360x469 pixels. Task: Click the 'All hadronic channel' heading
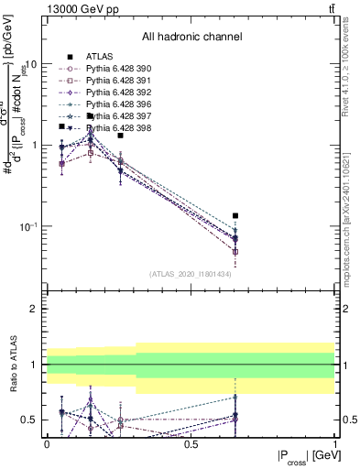tap(191, 38)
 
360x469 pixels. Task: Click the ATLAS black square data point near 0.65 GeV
tap(235, 216)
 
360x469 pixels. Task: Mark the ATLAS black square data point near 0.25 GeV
tap(120, 136)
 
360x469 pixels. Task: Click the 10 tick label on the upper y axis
tap(31, 65)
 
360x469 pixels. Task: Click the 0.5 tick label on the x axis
tap(191, 443)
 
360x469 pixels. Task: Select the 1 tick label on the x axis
tap(334, 443)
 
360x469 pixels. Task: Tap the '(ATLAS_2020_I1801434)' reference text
tap(191, 274)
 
